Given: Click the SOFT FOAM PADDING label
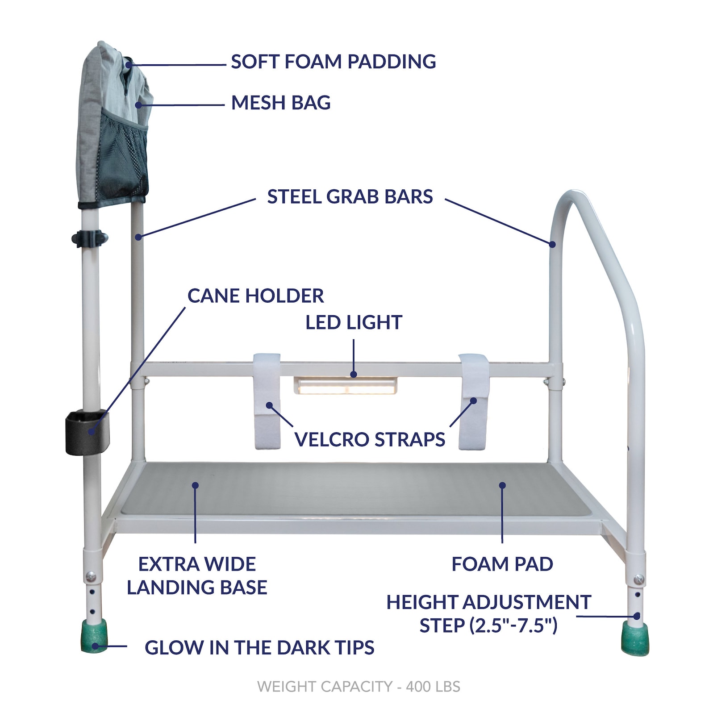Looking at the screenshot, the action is pos(333,62).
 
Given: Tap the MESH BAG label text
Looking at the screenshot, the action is pos(281,103).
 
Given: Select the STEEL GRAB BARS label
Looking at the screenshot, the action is pos(350,196).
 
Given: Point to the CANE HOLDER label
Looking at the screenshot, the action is pos(255,296).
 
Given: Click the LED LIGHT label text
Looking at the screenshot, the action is pos(354,322).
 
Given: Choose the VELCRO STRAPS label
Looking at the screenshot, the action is pos(370,439).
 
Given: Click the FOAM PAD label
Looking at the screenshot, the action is pos(502,564).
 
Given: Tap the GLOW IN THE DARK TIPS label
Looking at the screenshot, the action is pos(259,647).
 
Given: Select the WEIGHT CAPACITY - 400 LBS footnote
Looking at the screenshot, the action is pos(359,686).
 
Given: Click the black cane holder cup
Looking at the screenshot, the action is pos(87,432).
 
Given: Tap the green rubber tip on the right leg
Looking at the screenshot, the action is pos(635,638).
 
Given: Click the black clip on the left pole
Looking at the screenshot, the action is pos(89,238).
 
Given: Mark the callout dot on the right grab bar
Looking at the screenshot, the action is pos(552,244).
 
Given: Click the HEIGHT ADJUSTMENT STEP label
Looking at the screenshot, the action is pos(488,613).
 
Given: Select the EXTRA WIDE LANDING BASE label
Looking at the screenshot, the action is pos(197,576).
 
